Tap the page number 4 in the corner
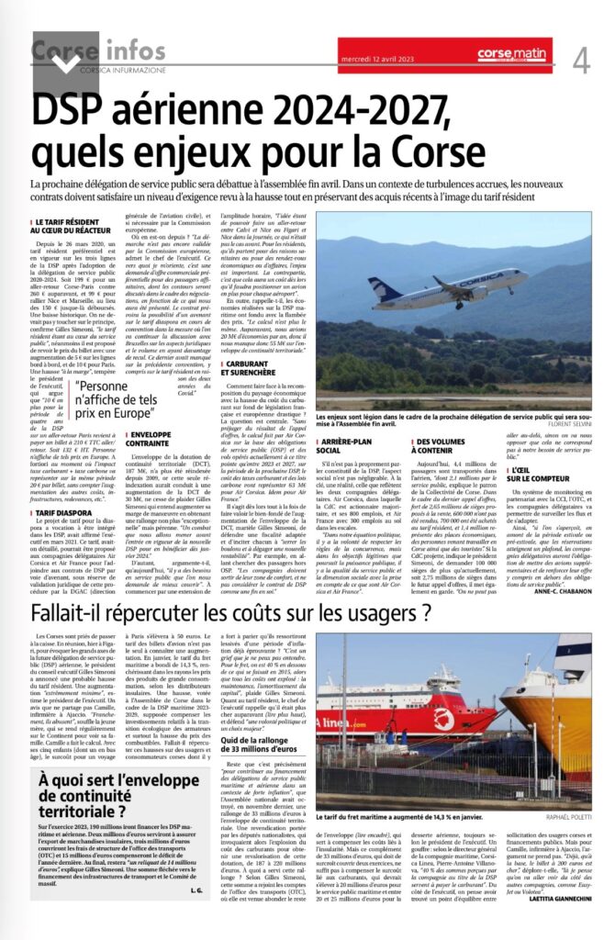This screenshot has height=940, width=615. [x=581, y=61]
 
